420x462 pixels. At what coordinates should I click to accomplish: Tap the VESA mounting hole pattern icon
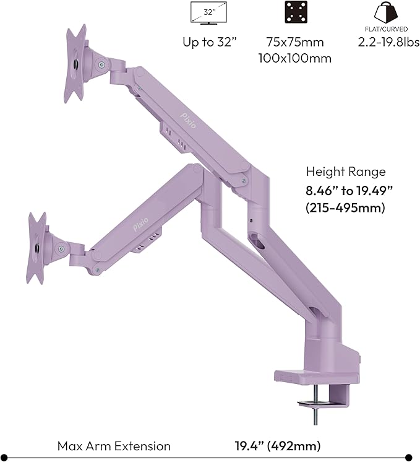(295, 12)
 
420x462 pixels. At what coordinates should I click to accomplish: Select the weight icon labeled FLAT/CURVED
(385, 13)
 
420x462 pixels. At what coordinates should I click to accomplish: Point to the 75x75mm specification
(294, 43)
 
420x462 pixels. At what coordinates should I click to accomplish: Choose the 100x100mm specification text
(294, 58)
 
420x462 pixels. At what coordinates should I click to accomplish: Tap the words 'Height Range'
(346, 172)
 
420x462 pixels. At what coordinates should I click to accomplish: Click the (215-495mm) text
(346, 208)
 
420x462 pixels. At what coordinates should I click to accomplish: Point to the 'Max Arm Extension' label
(114, 446)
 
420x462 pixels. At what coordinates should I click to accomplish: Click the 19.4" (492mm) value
(278, 446)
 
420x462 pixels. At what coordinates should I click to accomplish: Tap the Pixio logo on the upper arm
(187, 118)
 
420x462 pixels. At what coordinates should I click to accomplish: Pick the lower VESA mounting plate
(37, 248)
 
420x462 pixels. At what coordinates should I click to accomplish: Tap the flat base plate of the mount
(315, 377)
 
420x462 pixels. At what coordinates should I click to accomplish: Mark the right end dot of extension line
(408, 458)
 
